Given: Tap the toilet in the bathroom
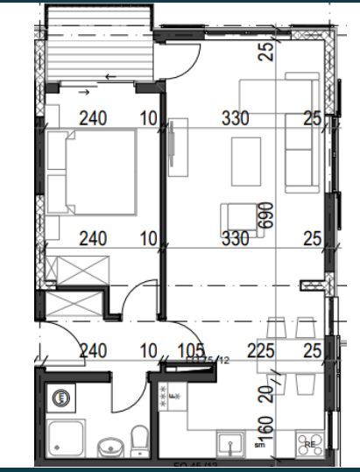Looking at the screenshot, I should pyautogui.click(x=138, y=437).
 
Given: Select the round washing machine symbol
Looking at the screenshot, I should pyautogui.click(x=62, y=397).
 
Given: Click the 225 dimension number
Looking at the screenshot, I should pyautogui.click(x=261, y=352).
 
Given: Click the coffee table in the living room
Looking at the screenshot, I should pyautogui.click(x=244, y=161).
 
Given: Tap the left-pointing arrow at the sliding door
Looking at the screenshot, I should pyautogui.click(x=109, y=77).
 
